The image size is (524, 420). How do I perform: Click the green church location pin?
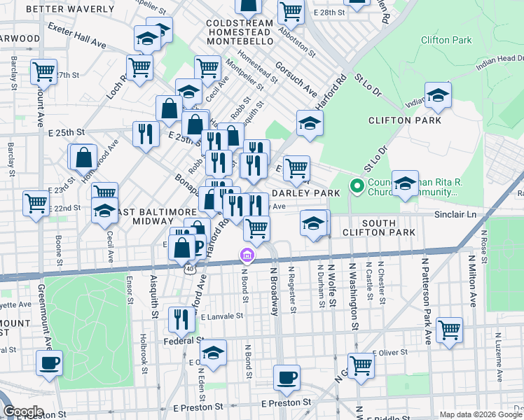coord(356,187)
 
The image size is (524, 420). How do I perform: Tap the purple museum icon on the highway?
coord(245,257)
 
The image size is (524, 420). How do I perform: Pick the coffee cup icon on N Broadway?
coord(287,378)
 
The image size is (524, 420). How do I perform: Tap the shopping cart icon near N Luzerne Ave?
coord(449,329)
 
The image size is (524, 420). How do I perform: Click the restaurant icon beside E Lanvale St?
coord(181,319)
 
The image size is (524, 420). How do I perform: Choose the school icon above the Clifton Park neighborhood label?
coord(438,95)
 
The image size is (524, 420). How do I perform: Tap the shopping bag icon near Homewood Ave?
coord(83,157)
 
